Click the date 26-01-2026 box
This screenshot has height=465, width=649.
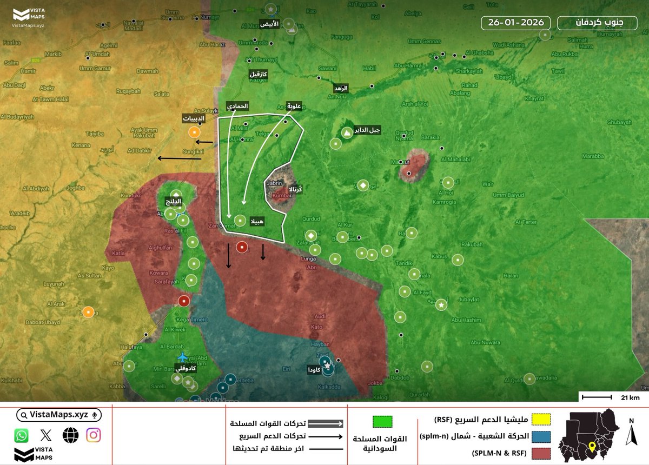516,23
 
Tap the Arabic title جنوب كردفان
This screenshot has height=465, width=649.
598,23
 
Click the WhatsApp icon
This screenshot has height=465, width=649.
22,435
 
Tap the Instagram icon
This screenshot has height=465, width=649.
94,435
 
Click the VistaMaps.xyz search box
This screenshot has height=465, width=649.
58,415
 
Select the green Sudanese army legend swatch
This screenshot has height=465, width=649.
382,422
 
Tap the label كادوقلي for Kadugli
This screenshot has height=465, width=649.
185,368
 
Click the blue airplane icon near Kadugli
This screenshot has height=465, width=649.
183,357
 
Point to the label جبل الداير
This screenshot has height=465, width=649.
367,130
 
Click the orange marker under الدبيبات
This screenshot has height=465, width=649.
194,133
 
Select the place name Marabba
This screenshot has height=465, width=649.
592,156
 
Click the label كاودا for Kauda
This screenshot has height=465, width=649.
314,370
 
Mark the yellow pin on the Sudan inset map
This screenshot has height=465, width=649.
592,447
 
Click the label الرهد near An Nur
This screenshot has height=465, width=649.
341,88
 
